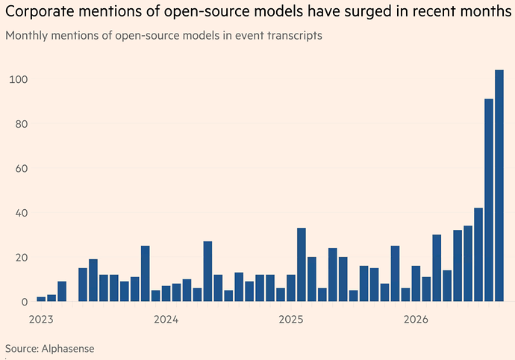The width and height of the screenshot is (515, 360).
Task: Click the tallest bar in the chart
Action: tap(499, 185)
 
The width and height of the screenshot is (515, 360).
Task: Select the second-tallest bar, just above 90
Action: tap(489, 200)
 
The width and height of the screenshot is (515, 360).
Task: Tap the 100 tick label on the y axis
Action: tap(19, 80)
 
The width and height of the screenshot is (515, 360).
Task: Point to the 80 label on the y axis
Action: tap(22, 124)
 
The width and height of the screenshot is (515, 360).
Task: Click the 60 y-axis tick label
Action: tap(22, 168)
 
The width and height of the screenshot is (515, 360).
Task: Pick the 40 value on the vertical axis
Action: tap(22, 213)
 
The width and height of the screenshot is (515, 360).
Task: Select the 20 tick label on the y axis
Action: tap(22, 257)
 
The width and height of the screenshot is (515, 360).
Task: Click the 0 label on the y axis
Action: tap(25, 302)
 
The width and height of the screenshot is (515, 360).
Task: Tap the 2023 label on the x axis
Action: tap(41, 319)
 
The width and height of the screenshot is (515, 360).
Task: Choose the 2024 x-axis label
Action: tap(166, 319)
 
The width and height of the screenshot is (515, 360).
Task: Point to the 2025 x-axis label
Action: tap(291, 319)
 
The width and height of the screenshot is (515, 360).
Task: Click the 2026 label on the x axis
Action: tap(416, 319)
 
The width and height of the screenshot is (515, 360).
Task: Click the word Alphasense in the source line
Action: tap(68, 349)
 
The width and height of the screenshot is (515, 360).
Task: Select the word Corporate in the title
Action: tap(40, 11)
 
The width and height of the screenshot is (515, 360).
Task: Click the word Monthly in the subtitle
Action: tap(27, 36)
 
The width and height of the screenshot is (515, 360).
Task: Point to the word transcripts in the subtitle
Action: tap(295, 36)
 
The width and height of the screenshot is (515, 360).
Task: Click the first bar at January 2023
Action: tap(41, 299)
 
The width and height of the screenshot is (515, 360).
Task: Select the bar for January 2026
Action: tap(416, 283)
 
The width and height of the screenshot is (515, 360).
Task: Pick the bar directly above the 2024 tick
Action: tap(166, 294)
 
